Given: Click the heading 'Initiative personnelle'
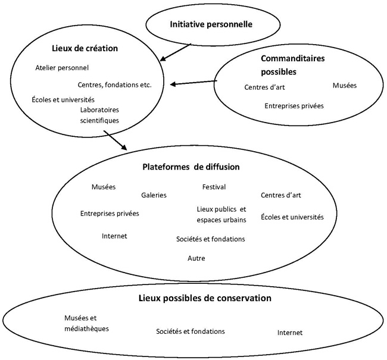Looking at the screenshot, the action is pyautogui.click(x=211, y=24).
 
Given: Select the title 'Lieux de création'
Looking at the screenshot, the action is pyautogui.click(x=85, y=48).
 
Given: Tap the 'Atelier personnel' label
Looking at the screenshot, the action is pyautogui.click(x=62, y=68).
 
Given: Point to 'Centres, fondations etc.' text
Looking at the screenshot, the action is pyautogui.click(x=114, y=84).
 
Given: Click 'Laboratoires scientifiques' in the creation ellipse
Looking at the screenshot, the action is pyautogui.click(x=99, y=115).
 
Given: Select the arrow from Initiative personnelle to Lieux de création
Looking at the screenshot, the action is pyautogui.click(x=176, y=52).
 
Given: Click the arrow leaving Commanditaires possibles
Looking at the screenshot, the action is pyautogui.click(x=193, y=83).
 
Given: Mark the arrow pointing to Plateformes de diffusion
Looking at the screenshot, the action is pyautogui.click(x=116, y=140).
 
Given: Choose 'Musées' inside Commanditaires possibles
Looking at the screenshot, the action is pyautogui.click(x=345, y=85).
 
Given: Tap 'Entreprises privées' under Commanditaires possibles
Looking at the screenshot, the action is pyautogui.click(x=294, y=106).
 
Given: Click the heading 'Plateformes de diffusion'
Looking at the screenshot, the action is pyautogui.click(x=191, y=167).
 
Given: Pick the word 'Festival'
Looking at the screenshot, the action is pyautogui.click(x=214, y=187).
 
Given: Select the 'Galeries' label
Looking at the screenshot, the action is pyautogui.click(x=154, y=195).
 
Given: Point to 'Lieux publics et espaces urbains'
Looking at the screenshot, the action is pyautogui.click(x=221, y=214).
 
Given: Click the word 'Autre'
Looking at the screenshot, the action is pyautogui.click(x=196, y=258).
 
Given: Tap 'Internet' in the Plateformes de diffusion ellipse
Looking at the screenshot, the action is pyautogui.click(x=114, y=236).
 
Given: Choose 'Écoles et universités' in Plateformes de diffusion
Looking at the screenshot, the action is pyautogui.click(x=292, y=217).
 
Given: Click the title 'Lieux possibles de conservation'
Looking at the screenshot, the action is pyautogui.click(x=205, y=298).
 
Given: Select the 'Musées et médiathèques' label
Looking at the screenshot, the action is pyautogui.click(x=86, y=323).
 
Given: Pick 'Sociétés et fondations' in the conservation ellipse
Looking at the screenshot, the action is pyautogui.click(x=191, y=331).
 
